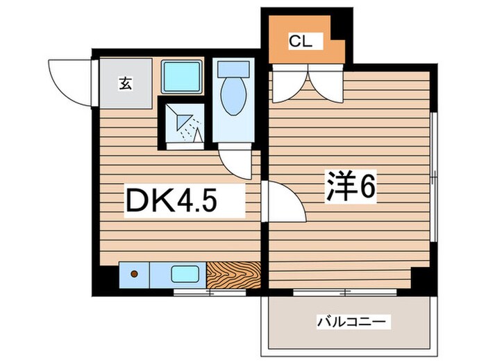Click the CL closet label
pyautogui.click(x=301, y=42)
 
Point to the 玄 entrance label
pyautogui.click(x=125, y=85)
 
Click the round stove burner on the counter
pyautogui.click(x=134, y=274)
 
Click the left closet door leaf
pyautogui.click(x=284, y=83)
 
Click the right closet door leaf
pyautogui.click(x=324, y=83)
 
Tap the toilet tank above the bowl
pyautogui.click(x=233, y=69)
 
